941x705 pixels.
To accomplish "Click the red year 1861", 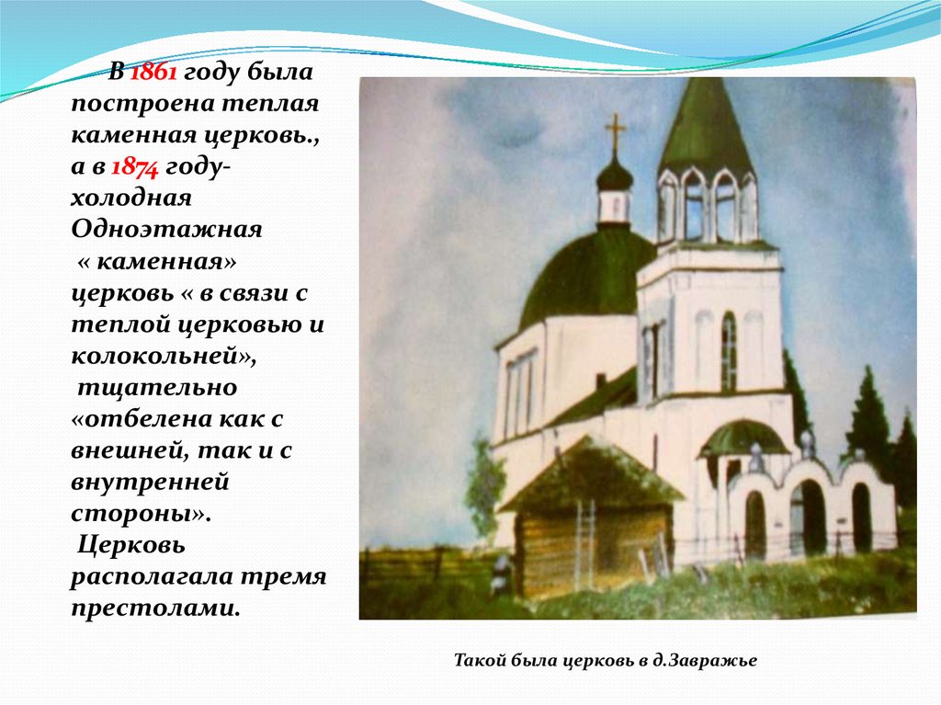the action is (x=153, y=72).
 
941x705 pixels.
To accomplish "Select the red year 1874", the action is (x=135, y=167).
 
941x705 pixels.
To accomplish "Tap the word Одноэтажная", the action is (x=167, y=230).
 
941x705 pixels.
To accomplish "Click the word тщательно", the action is (x=157, y=388).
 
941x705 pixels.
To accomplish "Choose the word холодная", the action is (x=131, y=199).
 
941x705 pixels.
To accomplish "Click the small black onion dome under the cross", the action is (x=615, y=176).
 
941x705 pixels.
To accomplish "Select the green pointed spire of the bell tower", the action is (x=705, y=128).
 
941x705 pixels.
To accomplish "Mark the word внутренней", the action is (x=150, y=483).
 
